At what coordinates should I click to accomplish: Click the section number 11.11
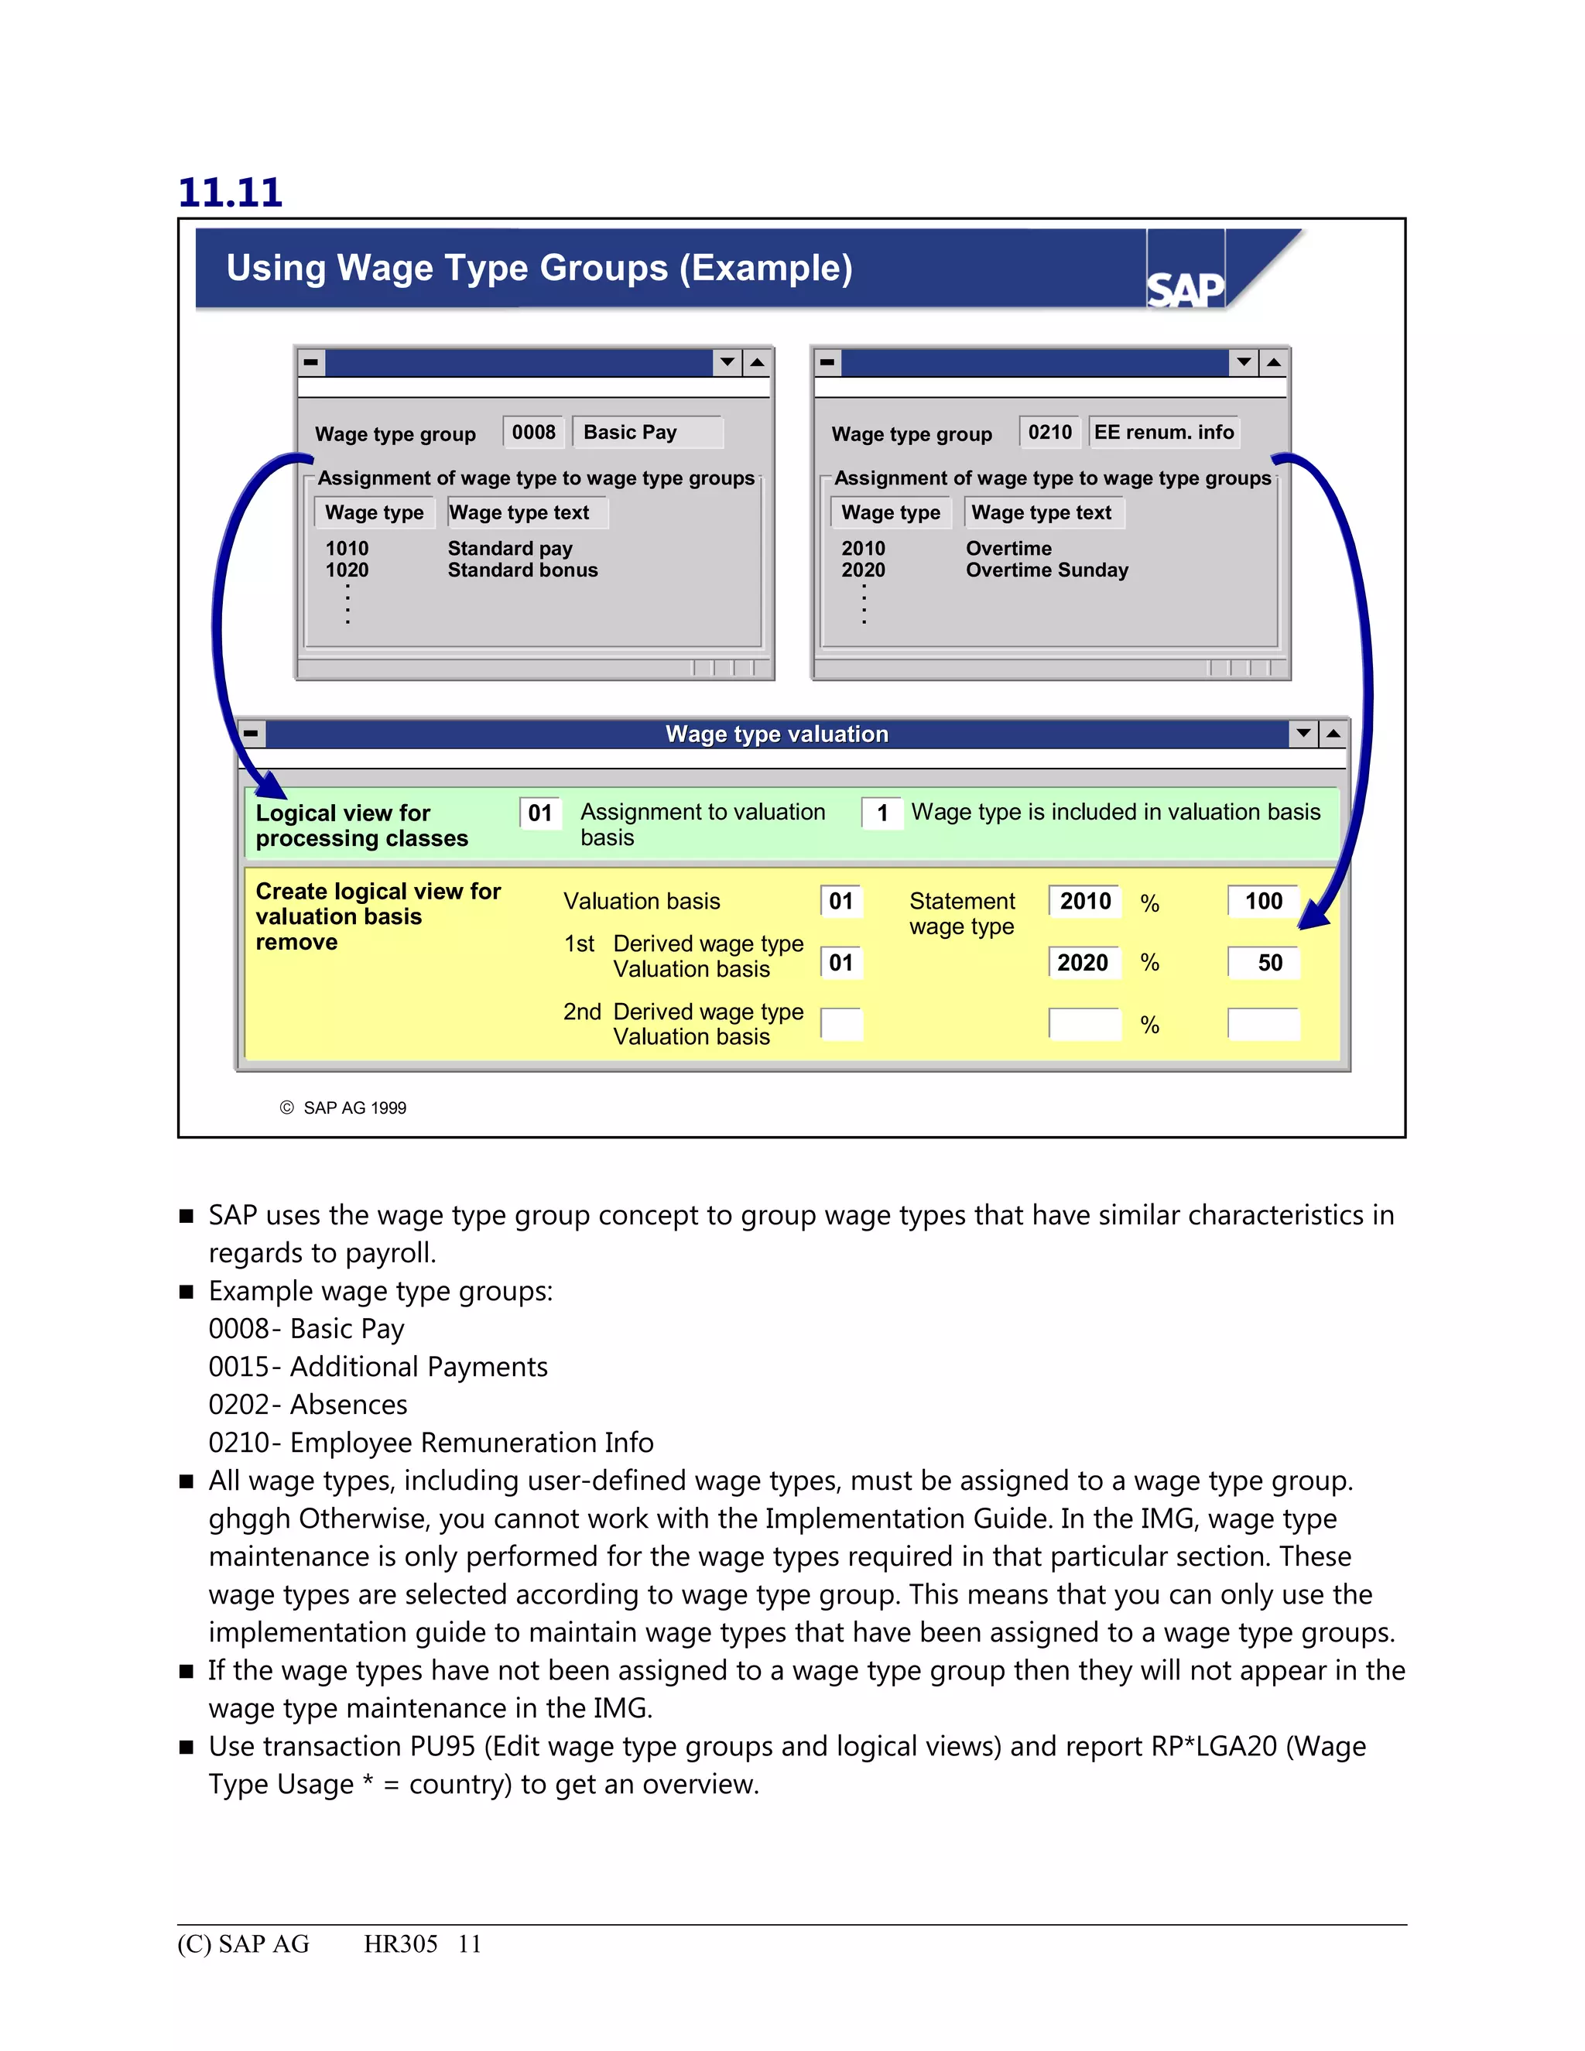pos(230,193)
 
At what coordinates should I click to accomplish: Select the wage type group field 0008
pos(533,432)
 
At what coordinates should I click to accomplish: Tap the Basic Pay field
pos(646,432)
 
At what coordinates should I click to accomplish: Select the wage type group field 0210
pos(1049,432)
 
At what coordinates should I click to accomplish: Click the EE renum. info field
pos(1163,432)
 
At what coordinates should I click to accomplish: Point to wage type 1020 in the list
pos(347,570)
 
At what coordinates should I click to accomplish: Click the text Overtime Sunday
pos(1047,570)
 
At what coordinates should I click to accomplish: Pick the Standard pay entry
pos(510,549)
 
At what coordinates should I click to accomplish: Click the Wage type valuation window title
pos(776,734)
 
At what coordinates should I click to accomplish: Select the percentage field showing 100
pos(1263,902)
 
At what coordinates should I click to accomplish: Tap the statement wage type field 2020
pos(1083,963)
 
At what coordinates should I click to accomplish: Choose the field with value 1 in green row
pos(882,813)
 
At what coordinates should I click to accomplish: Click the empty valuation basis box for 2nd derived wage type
pos(841,1024)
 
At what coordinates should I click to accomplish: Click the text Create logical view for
pos(378,891)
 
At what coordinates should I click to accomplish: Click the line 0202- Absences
pos(308,1405)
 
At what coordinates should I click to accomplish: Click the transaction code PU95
pos(442,1747)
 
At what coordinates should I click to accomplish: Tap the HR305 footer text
pos(401,1944)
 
